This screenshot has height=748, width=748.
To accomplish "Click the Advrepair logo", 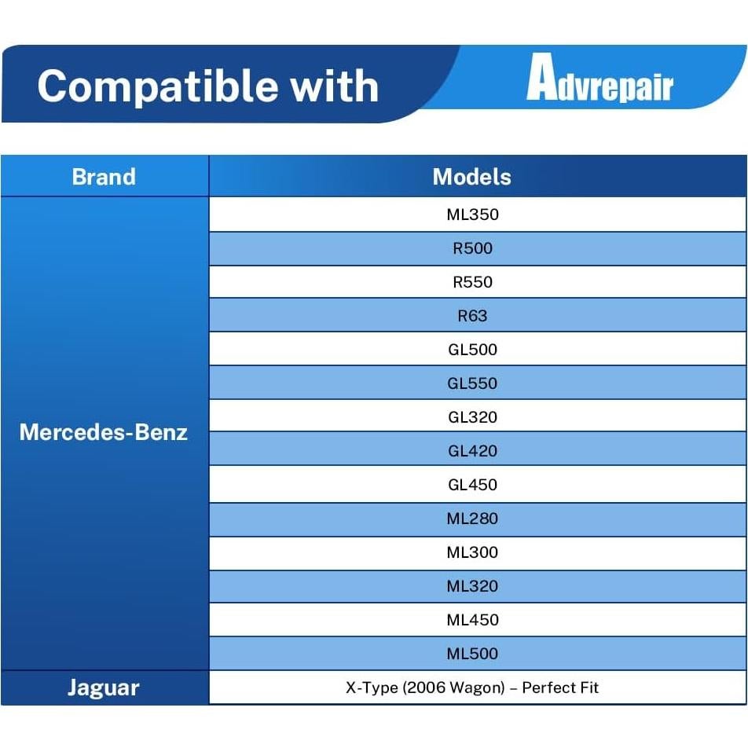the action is tap(599, 78).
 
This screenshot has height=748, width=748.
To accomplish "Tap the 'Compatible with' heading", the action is tap(208, 86).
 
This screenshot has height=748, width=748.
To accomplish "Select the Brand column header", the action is tap(104, 177).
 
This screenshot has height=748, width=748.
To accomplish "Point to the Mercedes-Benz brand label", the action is tap(104, 432).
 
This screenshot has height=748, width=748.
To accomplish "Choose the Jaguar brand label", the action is tap(104, 688).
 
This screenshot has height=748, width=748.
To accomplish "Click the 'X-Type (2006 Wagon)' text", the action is tap(426, 688).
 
